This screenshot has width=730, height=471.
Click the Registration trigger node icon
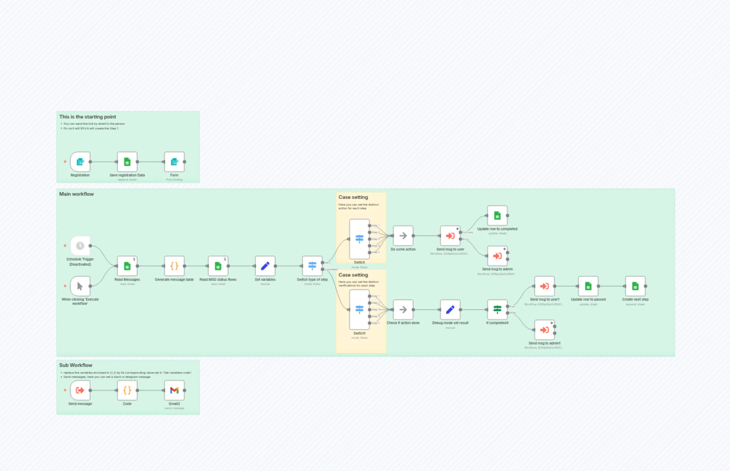(x=80, y=162)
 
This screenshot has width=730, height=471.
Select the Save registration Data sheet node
(x=127, y=162)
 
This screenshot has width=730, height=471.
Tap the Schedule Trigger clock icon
(x=80, y=246)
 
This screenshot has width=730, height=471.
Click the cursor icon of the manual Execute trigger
(x=80, y=286)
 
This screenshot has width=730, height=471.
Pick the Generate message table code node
(x=174, y=266)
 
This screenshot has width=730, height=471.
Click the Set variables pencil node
(x=265, y=266)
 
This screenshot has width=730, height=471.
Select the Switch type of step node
(x=312, y=266)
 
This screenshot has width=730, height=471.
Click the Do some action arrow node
(x=403, y=236)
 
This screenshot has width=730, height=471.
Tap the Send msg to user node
(x=450, y=236)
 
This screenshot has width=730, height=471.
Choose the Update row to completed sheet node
(x=497, y=216)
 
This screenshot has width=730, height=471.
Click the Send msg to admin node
(x=497, y=256)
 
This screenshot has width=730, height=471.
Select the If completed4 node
(x=497, y=310)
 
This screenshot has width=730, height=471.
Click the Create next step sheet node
(x=635, y=286)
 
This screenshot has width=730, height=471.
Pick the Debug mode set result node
(x=450, y=310)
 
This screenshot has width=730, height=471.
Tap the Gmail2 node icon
(x=174, y=390)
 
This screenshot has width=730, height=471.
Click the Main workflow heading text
(x=77, y=194)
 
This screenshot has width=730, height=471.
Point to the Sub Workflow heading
(x=76, y=365)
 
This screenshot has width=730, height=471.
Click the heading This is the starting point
(x=88, y=117)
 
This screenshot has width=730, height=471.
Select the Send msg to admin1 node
(x=544, y=330)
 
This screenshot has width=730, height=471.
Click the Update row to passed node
(x=588, y=286)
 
